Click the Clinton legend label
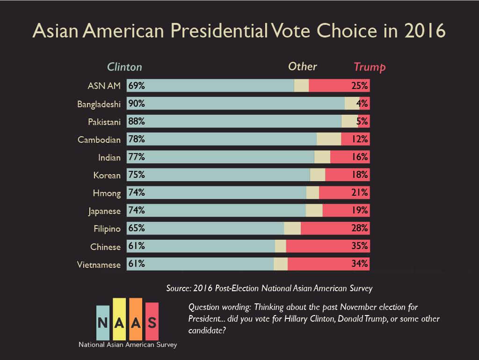(x=124, y=67)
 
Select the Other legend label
(x=302, y=66)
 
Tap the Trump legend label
(x=370, y=67)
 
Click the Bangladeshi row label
(x=99, y=104)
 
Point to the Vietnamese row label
(x=99, y=264)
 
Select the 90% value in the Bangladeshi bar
(x=137, y=104)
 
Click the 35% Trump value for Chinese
(x=359, y=247)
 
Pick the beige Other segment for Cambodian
(x=329, y=140)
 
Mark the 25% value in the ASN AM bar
(x=359, y=86)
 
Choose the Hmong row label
(x=107, y=193)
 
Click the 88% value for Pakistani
(x=137, y=122)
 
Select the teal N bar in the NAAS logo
(x=102, y=323)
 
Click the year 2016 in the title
(x=424, y=31)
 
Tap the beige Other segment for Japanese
(x=314, y=211)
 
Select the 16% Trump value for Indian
(x=359, y=157)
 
